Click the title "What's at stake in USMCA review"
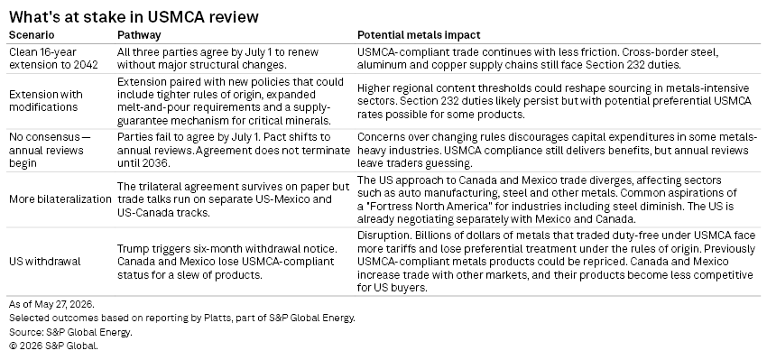click(x=134, y=16)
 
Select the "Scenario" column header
click(x=32, y=35)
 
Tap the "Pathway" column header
click(x=139, y=35)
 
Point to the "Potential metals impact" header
click(x=419, y=35)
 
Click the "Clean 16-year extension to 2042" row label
click(x=53, y=59)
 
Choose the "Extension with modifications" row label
click(x=46, y=101)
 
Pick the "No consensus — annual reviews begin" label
click(x=50, y=150)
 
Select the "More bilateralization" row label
click(x=60, y=199)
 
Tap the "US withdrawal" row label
click(x=44, y=262)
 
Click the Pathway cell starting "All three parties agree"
click(x=217, y=59)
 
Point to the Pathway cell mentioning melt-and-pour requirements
click(x=230, y=101)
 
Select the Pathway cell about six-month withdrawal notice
click(x=227, y=262)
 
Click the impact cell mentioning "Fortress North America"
click(x=553, y=199)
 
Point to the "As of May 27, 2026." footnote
click(x=51, y=304)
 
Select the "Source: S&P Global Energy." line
click(x=70, y=332)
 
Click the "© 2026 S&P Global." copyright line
click(x=53, y=346)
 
